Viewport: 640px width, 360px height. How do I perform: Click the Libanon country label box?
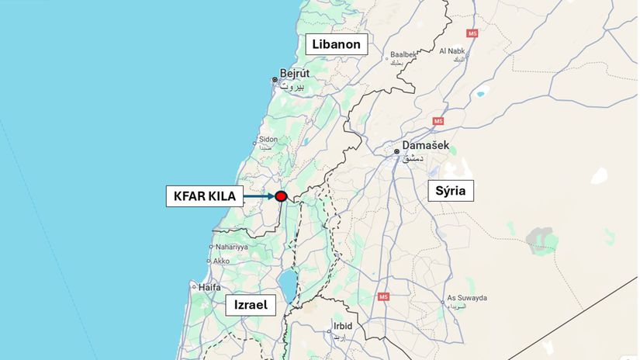(337, 44)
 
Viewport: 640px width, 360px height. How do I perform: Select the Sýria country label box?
(451, 191)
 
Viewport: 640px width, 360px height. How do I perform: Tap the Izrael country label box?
(251, 306)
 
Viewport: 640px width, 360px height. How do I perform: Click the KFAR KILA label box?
(201, 196)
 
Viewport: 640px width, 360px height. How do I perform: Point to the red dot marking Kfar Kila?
(281, 197)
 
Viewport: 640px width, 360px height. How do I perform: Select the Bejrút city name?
(294, 74)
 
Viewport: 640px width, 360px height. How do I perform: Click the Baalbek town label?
(403, 54)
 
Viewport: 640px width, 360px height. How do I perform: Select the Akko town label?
(221, 261)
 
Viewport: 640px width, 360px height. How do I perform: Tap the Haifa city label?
(210, 286)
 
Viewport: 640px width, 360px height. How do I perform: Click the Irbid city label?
(342, 325)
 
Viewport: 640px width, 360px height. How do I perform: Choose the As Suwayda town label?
(467, 297)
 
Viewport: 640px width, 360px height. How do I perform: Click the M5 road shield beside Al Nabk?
(472, 34)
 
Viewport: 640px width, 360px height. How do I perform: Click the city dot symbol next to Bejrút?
(275, 79)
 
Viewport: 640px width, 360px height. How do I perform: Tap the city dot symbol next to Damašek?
(396, 151)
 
